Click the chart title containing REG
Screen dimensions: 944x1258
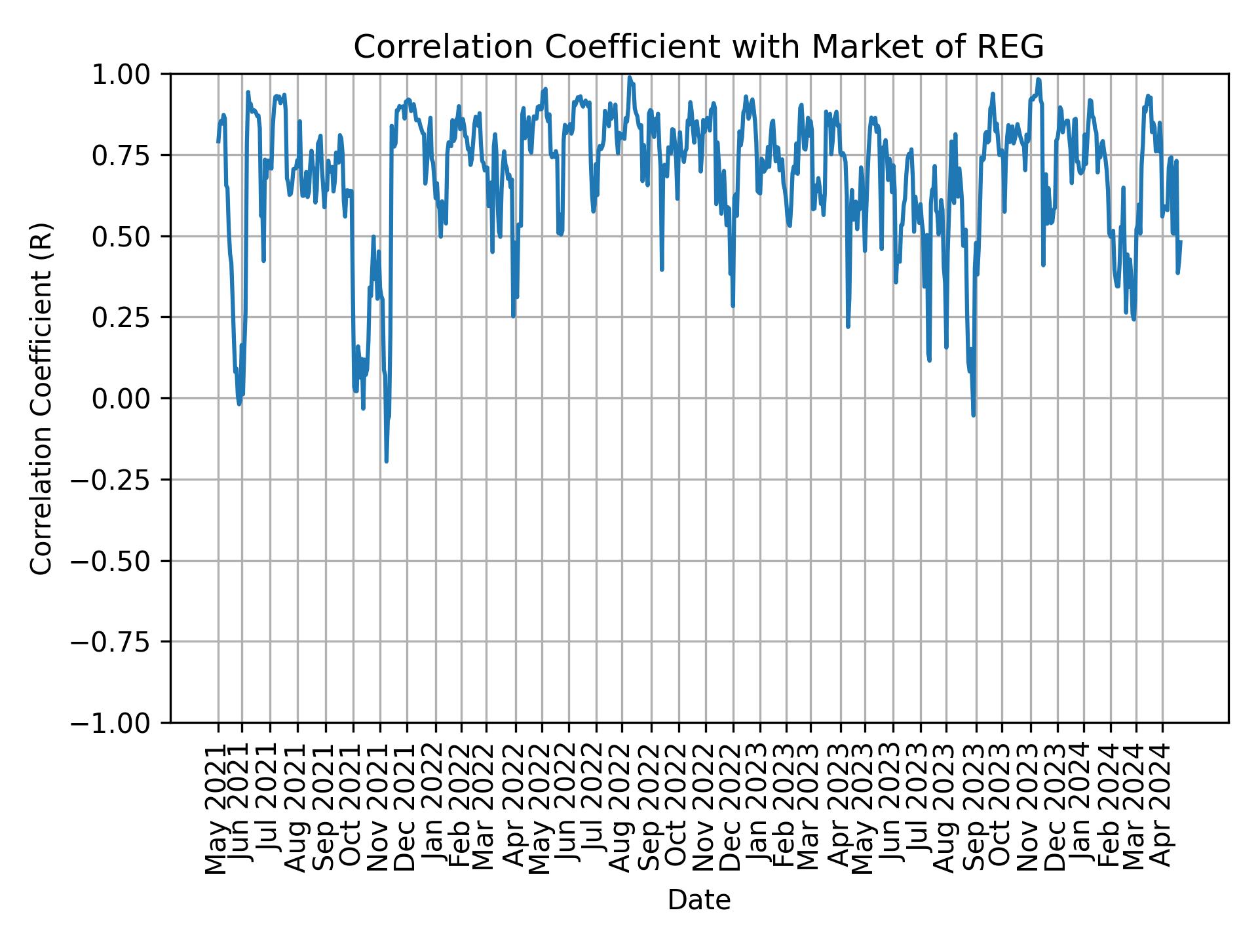click(698, 47)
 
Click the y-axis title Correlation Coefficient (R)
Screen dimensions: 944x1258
click(41, 398)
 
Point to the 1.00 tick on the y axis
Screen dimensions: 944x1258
click(131, 74)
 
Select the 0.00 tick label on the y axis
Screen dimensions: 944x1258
click(131, 399)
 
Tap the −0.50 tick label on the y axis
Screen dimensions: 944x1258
click(121, 560)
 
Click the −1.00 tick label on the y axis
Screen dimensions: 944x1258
click(121, 723)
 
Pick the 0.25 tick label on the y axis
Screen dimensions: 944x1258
click(131, 317)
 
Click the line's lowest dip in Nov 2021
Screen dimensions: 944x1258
click(387, 461)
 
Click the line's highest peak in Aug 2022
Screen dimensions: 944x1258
click(630, 77)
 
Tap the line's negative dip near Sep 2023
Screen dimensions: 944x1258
click(974, 414)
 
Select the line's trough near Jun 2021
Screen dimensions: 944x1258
click(239, 403)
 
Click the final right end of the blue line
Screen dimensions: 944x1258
click(1181, 242)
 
